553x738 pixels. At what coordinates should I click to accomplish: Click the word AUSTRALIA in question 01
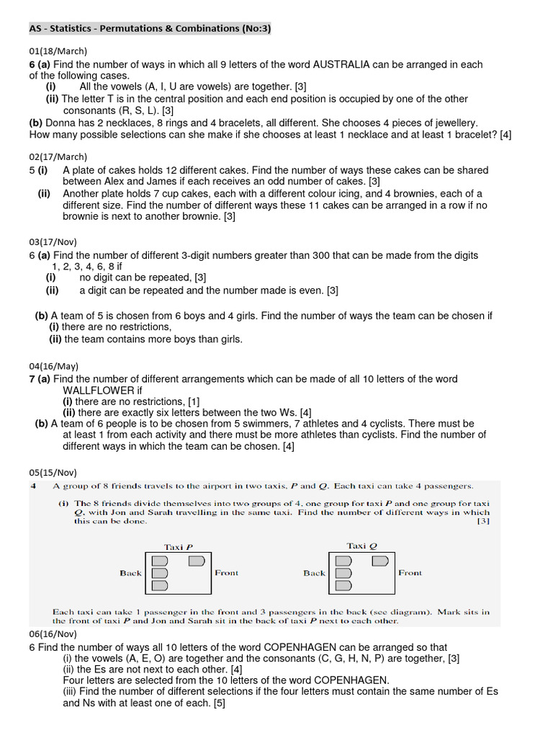341,65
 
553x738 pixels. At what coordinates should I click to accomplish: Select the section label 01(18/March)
58,50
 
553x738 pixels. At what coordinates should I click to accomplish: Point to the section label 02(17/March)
58,156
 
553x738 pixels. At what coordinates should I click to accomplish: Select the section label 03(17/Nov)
53,241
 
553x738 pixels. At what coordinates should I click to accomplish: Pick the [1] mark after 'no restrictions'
194,401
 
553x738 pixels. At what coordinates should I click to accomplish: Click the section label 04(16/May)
53,365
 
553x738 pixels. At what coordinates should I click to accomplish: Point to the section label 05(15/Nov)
53,472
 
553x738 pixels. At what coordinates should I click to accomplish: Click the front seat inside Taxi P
196,561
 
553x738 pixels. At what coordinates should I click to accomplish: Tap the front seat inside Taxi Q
380,561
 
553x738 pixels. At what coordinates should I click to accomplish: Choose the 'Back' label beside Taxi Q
315,573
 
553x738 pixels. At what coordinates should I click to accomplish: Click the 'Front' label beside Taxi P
227,573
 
